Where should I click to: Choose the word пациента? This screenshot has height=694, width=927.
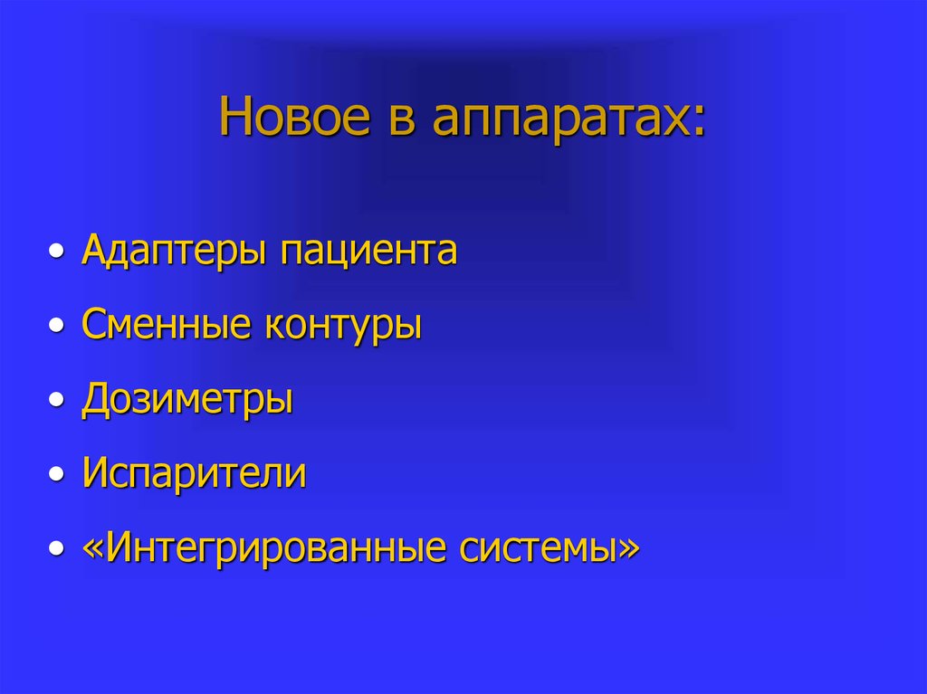[x=368, y=252]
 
